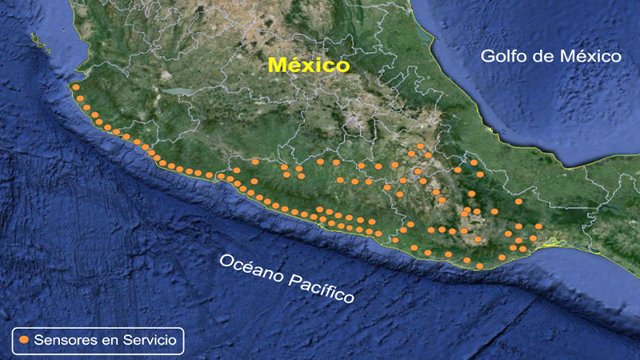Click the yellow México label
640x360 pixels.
point(309,65)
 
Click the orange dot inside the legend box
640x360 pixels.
point(24,340)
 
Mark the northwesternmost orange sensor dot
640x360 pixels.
point(74,87)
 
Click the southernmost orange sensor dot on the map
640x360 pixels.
point(479,266)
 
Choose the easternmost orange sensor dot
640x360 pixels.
point(539,226)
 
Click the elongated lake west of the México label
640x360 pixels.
point(182,91)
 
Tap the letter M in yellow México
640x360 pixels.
point(276,65)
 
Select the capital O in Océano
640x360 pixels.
point(228,262)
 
